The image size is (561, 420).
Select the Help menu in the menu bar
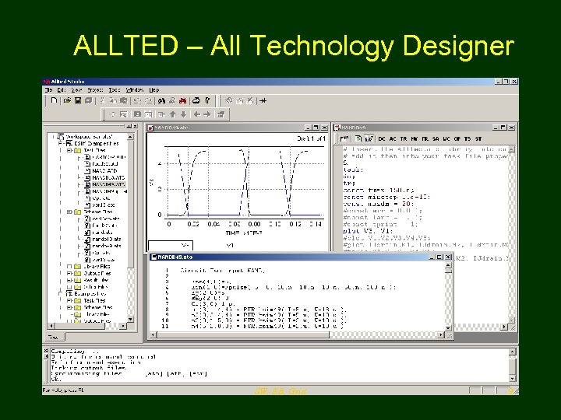[x=154, y=90]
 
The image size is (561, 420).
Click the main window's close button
[x=513, y=81]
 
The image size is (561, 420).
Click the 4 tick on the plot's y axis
[x=161, y=164]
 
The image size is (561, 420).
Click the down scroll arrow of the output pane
[x=513, y=380]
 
